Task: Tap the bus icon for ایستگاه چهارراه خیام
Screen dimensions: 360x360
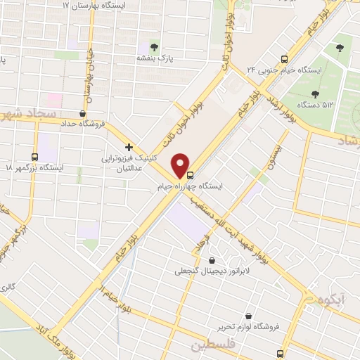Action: coord(191,176)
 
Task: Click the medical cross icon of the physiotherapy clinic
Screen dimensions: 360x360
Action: coord(129,147)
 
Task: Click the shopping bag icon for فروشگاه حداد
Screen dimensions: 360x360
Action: coord(84,112)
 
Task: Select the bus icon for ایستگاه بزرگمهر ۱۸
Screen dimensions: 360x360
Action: coord(35,156)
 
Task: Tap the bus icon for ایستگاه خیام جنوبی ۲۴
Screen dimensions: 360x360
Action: coord(284,58)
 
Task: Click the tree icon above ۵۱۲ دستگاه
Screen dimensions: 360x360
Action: coord(313,93)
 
